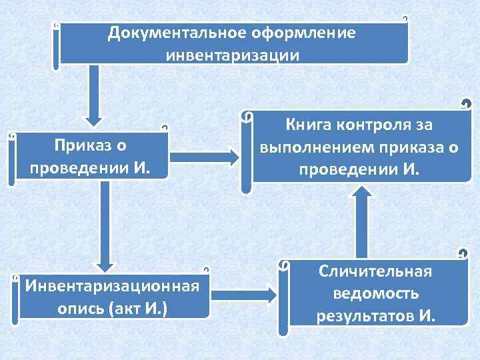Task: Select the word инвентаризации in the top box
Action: pyautogui.click(x=233, y=54)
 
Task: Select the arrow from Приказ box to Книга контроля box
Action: pyautogui.click(x=203, y=157)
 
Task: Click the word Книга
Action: pyautogui.click(x=309, y=125)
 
